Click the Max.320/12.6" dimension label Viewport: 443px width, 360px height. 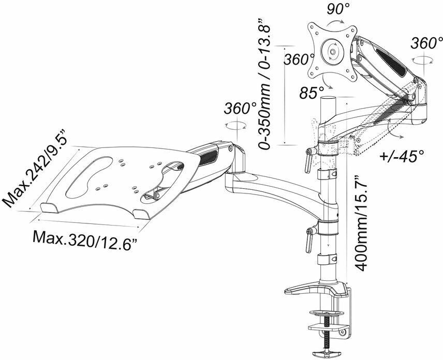pos(86,239)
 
